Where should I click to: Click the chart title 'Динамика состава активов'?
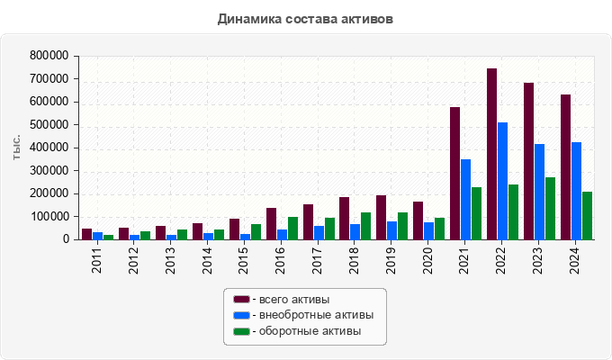pos(305,18)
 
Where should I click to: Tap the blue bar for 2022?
pos(503,181)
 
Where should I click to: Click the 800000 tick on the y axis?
pos(49,56)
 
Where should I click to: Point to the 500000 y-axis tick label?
pos(49,125)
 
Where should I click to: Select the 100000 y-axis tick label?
pos(49,217)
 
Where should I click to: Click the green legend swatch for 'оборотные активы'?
pos(241,331)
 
